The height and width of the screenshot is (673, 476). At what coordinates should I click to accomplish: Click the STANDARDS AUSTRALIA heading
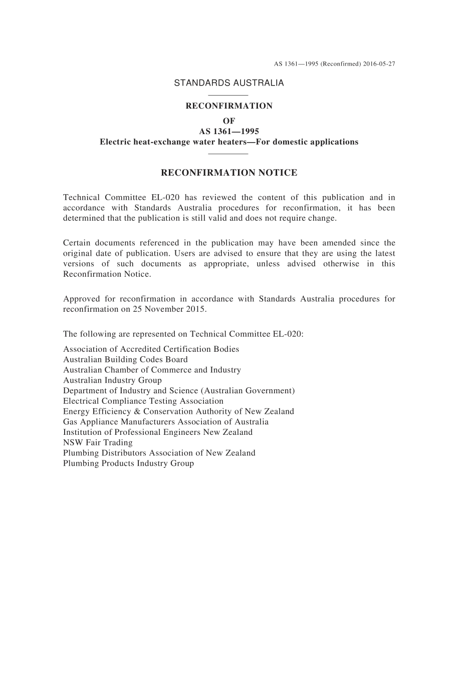click(228, 83)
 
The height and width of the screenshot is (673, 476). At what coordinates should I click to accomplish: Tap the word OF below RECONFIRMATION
click(228, 121)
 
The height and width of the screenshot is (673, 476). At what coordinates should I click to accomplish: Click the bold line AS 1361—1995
click(228, 131)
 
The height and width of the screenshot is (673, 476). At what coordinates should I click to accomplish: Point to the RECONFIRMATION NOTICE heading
click(228, 173)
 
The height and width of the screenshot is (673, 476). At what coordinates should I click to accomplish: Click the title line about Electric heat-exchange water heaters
click(228, 142)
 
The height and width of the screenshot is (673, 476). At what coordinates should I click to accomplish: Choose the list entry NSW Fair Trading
click(98, 442)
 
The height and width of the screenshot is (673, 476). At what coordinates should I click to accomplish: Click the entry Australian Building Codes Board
click(125, 359)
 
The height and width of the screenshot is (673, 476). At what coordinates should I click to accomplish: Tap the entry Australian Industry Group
click(112, 380)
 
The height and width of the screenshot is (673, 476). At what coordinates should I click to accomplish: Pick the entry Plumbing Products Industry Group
click(128, 463)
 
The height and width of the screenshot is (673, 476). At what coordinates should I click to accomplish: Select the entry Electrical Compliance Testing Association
click(143, 401)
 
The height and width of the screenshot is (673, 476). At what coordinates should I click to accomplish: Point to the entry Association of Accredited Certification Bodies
click(151, 349)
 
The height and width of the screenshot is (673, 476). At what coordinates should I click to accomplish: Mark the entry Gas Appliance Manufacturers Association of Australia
click(166, 422)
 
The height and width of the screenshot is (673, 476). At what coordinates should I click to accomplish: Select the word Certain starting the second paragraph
click(77, 243)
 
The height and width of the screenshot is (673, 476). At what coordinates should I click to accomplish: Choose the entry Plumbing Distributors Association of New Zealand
click(159, 453)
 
